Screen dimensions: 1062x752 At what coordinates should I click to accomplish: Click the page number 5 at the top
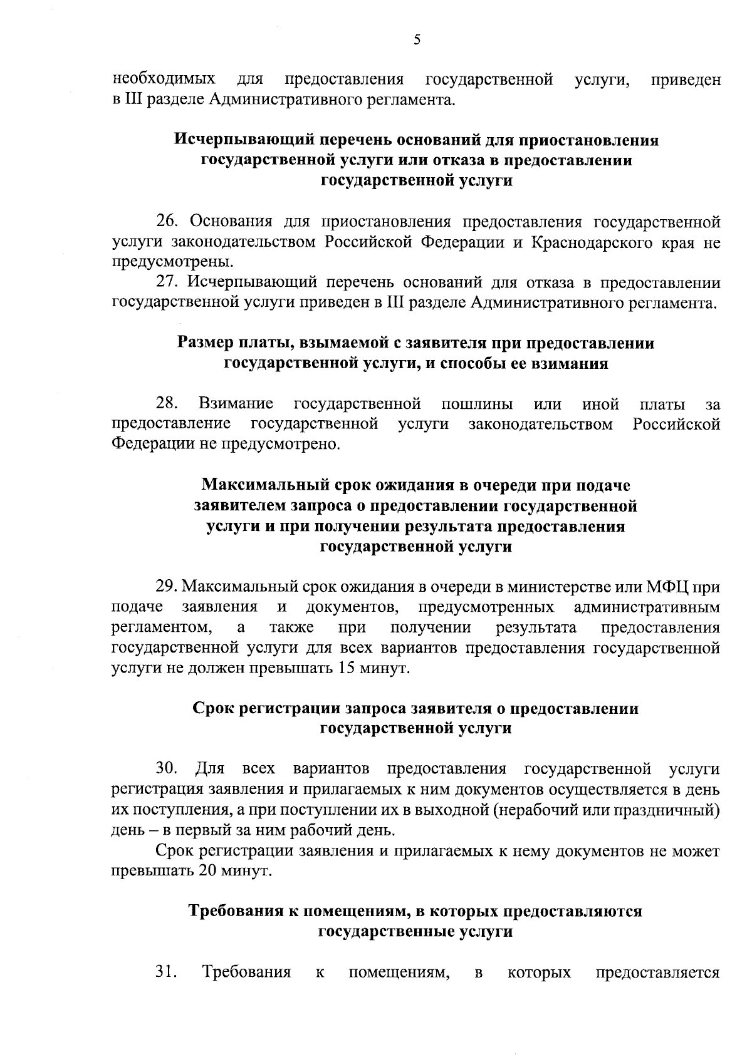click(417, 40)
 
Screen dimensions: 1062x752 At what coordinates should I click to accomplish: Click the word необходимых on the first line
click(164, 80)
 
